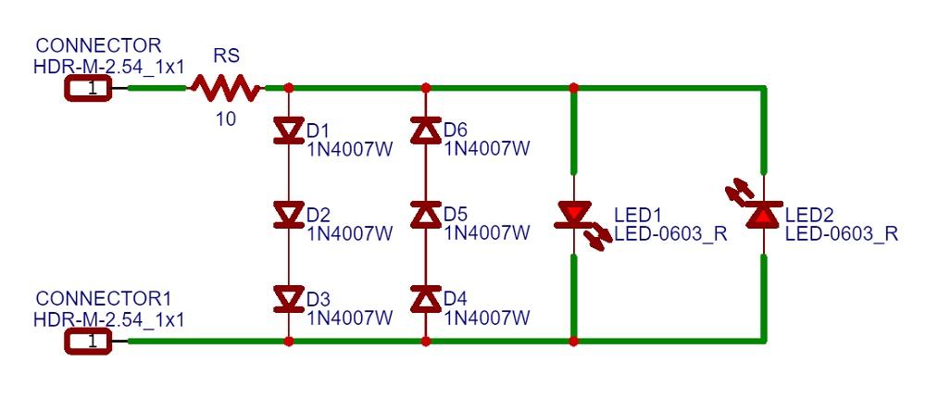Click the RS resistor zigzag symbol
tap(226, 89)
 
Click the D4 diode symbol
tap(426, 299)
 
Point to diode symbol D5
tap(426, 216)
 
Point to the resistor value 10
tap(225, 119)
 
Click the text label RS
tap(226, 56)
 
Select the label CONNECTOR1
tap(104, 299)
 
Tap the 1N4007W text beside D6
tap(487, 148)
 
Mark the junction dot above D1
tap(288, 89)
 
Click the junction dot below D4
tap(426, 342)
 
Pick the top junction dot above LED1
tap(574, 89)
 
